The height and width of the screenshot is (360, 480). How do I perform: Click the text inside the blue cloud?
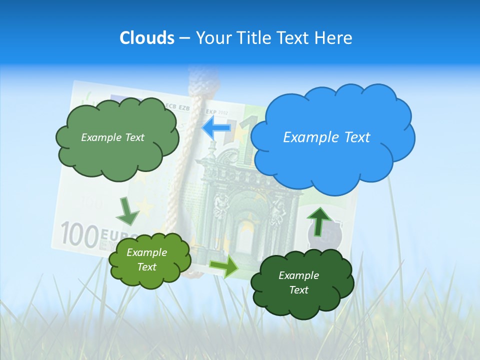(326, 137)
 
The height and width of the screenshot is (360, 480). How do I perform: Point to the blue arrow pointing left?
(216, 127)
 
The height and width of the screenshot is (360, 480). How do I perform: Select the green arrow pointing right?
(224, 267)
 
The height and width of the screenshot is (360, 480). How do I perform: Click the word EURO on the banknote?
(117, 234)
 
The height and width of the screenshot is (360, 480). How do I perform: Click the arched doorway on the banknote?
(245, 230)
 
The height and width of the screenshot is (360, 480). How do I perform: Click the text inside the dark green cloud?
(298, 282)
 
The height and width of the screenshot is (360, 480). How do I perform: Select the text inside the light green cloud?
(146, 259)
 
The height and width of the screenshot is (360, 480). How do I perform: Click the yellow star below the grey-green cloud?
(145, 204)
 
